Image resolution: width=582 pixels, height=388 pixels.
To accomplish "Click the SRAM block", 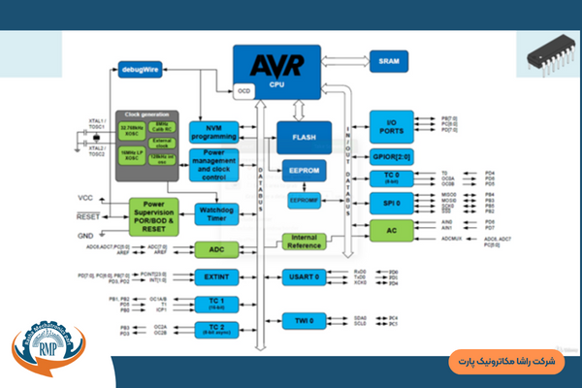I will click(x=388, y=60).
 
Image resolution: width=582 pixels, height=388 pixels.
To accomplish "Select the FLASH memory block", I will click(x=304, y=137).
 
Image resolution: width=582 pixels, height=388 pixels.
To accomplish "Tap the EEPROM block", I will click(x=304, y=170).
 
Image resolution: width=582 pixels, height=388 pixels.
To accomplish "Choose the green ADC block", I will click(x=216, y=249).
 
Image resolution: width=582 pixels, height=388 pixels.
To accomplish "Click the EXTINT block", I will click(x=216, y=277).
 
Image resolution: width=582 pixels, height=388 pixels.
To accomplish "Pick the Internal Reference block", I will click(x=303, y=242).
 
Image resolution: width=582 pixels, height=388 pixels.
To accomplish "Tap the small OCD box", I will click(x=243, y=90).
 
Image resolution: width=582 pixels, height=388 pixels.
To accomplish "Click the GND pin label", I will click(x=85, y=236).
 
